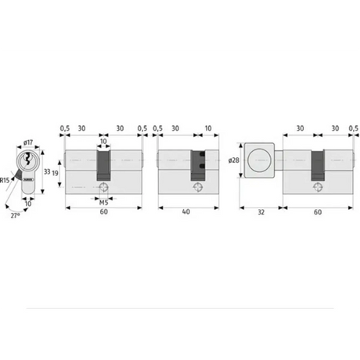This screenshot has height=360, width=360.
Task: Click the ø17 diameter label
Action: (28, 142)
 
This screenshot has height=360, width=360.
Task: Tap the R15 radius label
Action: (5, 180)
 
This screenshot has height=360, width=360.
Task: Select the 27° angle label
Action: (15, 216)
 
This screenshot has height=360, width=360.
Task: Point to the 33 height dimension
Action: (47, 171)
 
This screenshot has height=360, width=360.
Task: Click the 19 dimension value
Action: (55, 173)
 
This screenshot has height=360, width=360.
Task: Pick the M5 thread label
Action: (103, 203)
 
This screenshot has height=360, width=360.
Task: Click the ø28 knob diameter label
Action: (234, 160)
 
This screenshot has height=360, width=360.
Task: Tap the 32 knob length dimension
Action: (261, 212)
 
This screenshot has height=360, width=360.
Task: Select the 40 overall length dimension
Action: (186, 211)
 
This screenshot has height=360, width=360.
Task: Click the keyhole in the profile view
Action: (27, 160)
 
